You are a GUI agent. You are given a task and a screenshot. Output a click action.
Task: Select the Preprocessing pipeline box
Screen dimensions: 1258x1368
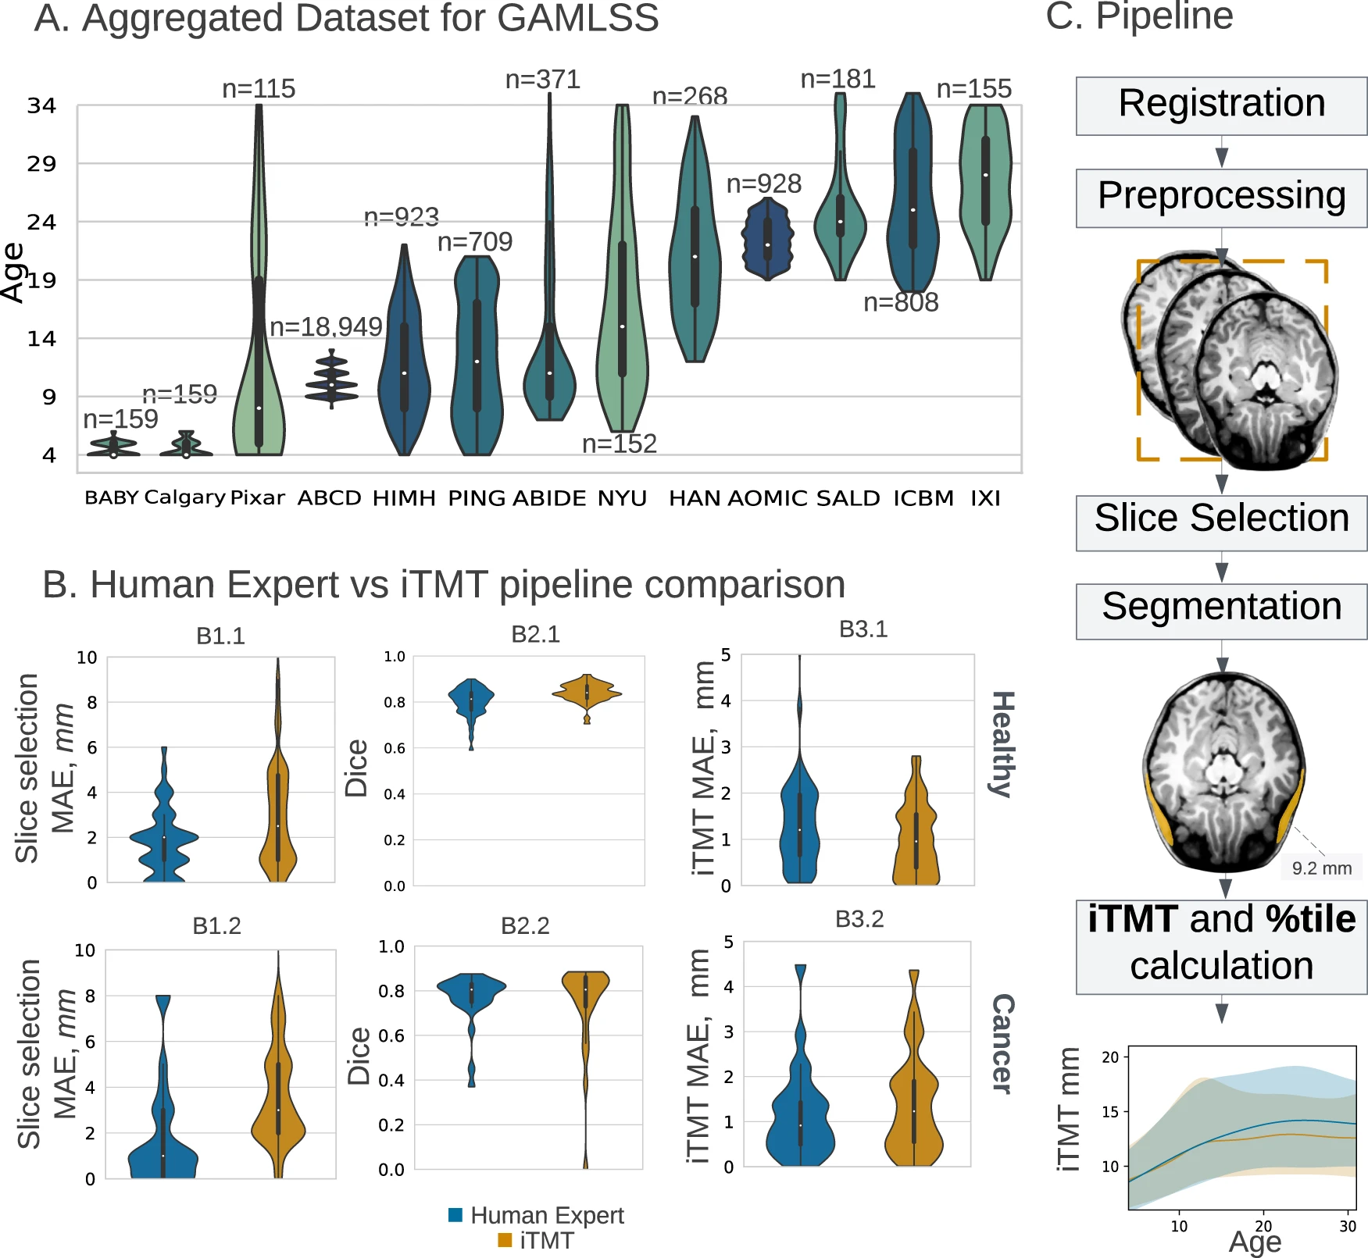(1221, 198)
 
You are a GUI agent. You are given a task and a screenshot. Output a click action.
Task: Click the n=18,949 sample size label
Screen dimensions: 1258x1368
(326, 327)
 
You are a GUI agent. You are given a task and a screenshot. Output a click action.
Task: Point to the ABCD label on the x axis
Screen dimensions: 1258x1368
(329, 498)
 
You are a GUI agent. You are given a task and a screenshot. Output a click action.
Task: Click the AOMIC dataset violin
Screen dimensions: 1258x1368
(768, 240)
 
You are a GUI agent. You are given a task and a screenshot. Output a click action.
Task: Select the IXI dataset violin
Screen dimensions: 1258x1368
(985, 187)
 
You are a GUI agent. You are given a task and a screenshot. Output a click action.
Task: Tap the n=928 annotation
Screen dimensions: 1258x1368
(763, 184)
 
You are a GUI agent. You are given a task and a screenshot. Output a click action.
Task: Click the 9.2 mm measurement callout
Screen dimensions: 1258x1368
(1321, 868)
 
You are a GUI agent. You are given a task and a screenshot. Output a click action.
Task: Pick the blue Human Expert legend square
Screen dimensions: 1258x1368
(455, 1215)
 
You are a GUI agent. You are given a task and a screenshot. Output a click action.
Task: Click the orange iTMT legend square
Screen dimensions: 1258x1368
(505, 1240)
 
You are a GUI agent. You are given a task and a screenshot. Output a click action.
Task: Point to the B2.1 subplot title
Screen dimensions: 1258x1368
(535, 634)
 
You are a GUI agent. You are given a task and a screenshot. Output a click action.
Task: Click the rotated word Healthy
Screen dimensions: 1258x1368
(1003, 743)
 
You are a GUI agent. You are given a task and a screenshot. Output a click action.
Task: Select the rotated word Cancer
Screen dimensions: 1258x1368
(1003, 1043)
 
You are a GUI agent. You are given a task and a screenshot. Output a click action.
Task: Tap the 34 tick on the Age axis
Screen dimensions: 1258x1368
(41, 105)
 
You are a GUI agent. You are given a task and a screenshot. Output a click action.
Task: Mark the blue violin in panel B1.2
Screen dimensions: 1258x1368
(163, 1124)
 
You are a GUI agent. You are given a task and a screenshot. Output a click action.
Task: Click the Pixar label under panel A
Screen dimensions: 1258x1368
(258, 498)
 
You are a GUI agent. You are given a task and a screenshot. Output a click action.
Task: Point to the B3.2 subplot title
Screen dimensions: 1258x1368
(859, 919)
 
